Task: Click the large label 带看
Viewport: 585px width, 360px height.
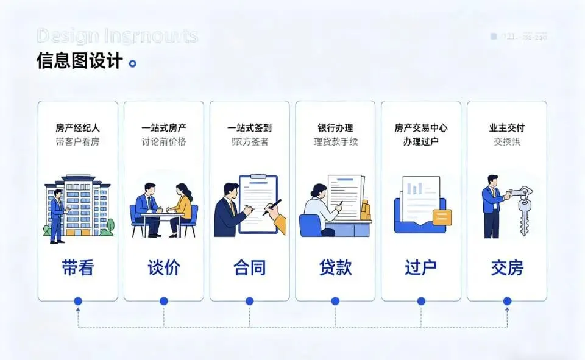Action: point(77,267)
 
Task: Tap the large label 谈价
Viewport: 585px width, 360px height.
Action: point(164,267)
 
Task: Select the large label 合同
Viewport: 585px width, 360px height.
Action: point(250,267)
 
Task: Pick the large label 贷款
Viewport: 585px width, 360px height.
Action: point(335,267)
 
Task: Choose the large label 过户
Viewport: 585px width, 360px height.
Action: point(421,267)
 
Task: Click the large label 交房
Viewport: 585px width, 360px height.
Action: point(507,267)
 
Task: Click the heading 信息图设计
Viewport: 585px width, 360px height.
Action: point(79,62)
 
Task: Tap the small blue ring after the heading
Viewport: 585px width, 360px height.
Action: point(133,63)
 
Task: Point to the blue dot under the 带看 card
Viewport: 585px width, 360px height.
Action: point(77,301)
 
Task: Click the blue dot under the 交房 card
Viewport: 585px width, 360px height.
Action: point(507,301)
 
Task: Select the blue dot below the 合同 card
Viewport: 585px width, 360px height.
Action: point(249,301)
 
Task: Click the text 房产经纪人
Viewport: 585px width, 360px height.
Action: point(77,128)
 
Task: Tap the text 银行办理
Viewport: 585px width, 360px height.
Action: point(335,128)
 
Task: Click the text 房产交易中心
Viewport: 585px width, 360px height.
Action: point(421,128)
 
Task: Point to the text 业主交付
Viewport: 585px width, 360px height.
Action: point(507,128)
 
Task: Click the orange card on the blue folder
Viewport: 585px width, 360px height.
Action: point(441,216)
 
